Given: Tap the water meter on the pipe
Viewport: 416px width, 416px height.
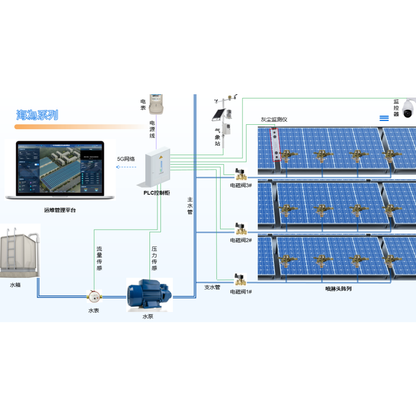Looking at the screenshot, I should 94,297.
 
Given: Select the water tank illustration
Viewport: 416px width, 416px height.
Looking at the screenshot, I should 20,252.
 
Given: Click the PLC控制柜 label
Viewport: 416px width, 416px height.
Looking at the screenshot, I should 157,193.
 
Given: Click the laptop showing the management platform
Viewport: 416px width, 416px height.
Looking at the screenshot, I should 60,171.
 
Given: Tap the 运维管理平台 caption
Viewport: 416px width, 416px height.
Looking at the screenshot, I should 60,210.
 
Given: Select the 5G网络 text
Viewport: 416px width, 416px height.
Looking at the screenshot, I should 126,159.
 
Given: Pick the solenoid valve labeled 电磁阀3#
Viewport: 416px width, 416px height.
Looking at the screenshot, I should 241,175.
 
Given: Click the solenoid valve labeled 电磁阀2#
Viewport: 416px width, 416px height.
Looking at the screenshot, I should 241,229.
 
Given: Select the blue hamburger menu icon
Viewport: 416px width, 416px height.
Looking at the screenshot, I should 384,118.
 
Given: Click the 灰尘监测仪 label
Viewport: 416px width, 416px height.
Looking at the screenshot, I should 274,119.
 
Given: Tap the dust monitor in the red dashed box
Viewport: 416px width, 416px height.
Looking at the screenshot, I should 276,144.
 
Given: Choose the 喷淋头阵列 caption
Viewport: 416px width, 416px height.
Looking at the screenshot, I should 338,289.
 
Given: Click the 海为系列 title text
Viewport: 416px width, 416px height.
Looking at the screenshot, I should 37,115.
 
